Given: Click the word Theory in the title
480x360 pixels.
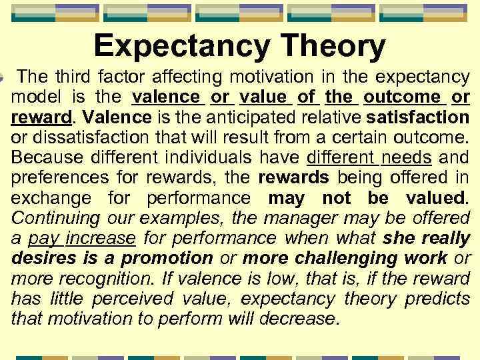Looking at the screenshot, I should point(332,47).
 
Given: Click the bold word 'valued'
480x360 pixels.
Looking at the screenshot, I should point(435,198).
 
